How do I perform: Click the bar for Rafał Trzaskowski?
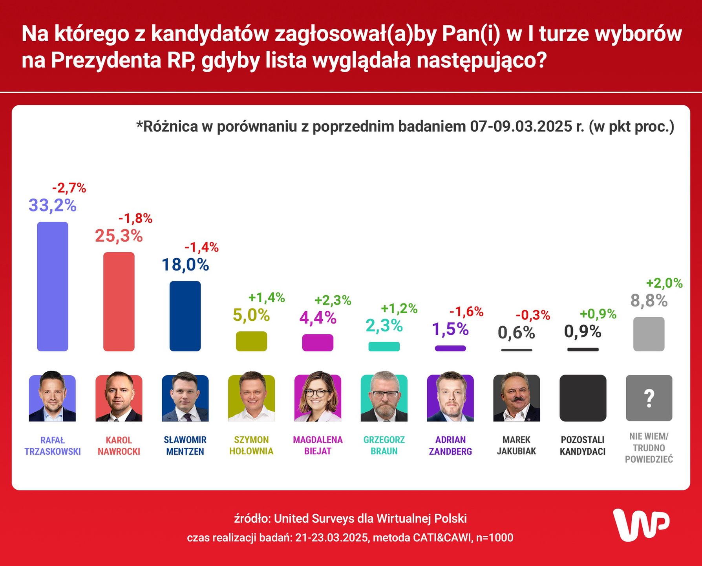click(x=53, y=286)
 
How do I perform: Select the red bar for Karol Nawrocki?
click(x=119, y=301)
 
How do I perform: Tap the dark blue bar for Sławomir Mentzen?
click(x=185, y=316)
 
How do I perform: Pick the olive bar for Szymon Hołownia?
click(x=251, y=341)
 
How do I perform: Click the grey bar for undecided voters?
click(x=649, y=334)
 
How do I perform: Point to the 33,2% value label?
click(x=53, y=205)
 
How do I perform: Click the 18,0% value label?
click(x=185, y=265)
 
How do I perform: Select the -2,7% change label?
click(x=69, y=188)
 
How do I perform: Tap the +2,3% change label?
click(x=333, y=300)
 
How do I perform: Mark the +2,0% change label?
click(x=664, y=283)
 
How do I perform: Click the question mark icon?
click(x=649, y=398)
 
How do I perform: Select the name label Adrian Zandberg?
click(x=450, y=445)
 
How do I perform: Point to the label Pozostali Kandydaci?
click(x=583, y=445)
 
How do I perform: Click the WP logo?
click(x=641, y=525)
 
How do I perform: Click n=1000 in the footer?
click(x=494, y=537)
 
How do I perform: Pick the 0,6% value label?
click(x=516, y=333)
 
